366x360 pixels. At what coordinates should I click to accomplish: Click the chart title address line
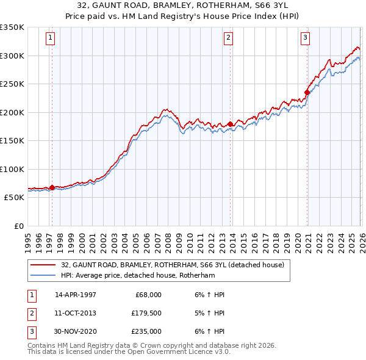coord(182,5)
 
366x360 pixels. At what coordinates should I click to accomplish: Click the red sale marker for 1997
coord(52,187)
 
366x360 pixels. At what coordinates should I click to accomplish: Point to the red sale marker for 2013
coord(230,124)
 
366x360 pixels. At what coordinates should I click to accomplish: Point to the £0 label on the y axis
coord(18,226)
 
